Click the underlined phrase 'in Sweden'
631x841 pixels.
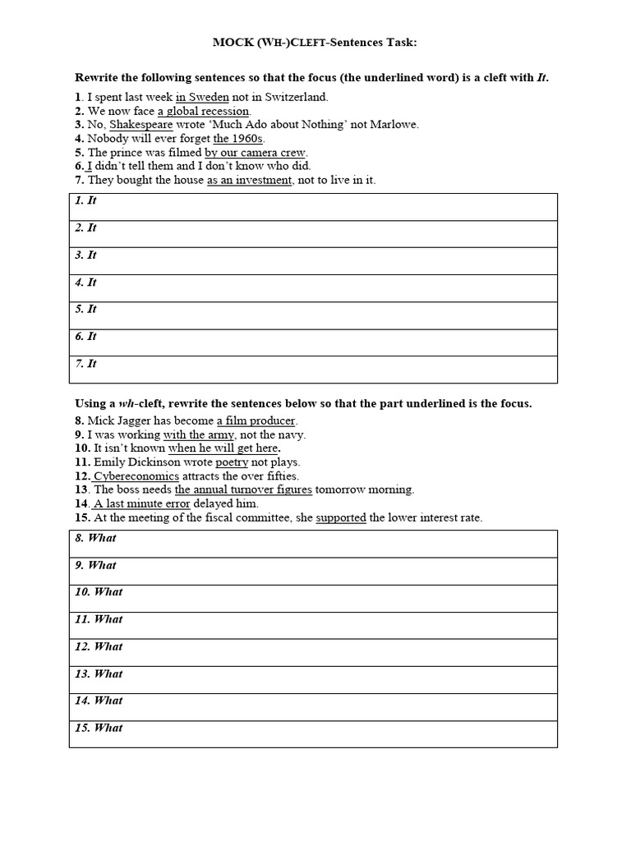[x=202, y=97]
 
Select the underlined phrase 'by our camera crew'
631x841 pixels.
[x=255, y=153]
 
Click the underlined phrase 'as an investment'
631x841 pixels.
[x=249, y=180]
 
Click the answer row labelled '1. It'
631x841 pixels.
[x=313, y=207]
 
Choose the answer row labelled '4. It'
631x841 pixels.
[x=313, y=288]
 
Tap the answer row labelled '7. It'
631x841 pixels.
[x=313, y=370]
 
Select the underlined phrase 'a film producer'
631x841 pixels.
[x=256, y=420]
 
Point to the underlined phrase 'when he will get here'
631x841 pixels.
[x=223, y=448]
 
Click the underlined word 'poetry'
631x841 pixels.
[x=232, y=462]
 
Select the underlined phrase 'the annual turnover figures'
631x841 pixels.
[x=243, y=489]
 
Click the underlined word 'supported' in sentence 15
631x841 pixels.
[x=341, y=517]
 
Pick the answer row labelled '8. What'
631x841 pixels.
[x=313, y=544]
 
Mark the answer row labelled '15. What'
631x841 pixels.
[x=313, y=733]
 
